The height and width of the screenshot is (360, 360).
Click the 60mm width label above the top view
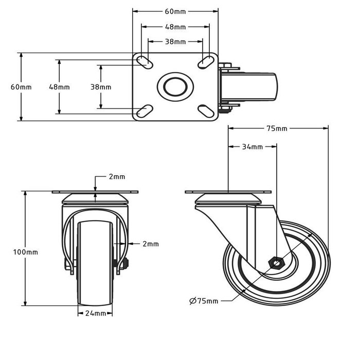pos(175,11)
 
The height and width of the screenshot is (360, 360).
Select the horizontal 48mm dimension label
pos(175,27)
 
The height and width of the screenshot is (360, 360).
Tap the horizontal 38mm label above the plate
pos(175,42)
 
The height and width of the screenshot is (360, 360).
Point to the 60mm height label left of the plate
pos(21,87)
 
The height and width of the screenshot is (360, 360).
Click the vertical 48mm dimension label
pos(59,87)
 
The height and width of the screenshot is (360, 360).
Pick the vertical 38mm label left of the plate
pos(101,87)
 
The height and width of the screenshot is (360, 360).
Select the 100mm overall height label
pos(25,252)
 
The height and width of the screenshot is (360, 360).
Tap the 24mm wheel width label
pos(96,313)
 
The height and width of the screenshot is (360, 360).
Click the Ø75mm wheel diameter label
pos(204,300)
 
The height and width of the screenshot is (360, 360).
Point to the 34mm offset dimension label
pos(252,147)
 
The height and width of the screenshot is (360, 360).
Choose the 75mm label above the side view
pos(277,128)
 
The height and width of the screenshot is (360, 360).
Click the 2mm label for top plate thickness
pos(116,176)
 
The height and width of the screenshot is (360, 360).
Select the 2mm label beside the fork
pos(150,244)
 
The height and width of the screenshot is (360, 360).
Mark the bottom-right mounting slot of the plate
pos(206,111)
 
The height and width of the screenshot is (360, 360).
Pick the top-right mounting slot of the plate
pos(206,62)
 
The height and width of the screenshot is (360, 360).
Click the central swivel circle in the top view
pos(175,86)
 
